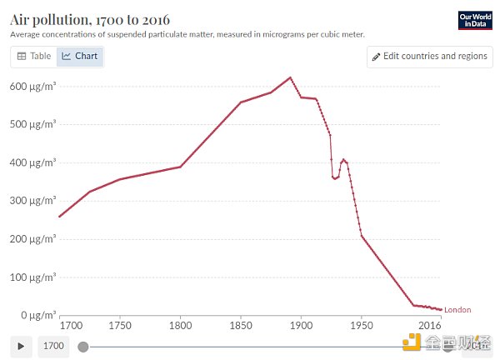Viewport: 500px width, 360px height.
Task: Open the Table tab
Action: [x=34, y=57]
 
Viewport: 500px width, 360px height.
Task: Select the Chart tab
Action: [x=81, y=57]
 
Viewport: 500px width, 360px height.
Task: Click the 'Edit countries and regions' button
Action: [x=429, y=57]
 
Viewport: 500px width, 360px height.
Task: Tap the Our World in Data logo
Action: [x=476, y=21]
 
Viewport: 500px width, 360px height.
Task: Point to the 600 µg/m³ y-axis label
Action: [x=32, y=86]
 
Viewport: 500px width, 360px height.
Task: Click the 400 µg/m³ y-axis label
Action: [x=32, y=162]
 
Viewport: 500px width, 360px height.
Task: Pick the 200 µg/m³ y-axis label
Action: [x=32, y=238]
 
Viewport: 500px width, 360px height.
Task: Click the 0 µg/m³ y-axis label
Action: [x=37, y=315]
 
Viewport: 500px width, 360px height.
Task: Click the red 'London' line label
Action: [x=457, y=310]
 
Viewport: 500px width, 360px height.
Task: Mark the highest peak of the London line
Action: [x=290, y=77]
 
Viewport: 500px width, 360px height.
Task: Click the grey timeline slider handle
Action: [x=82, y=346]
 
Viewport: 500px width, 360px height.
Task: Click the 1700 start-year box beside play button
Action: [x=53, y=346]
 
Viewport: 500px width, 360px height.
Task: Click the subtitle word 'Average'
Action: [x=28, y=35]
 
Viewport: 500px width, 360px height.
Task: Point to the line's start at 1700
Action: [x=60, y=217]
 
